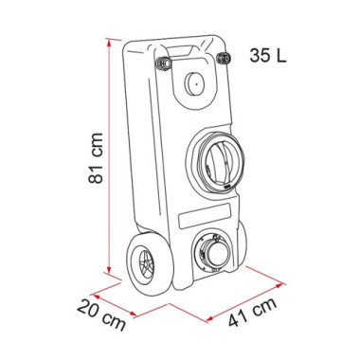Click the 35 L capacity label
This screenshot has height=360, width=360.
point(268,56)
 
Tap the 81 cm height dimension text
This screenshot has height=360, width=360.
point(96,158)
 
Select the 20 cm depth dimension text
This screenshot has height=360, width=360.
point(101,315)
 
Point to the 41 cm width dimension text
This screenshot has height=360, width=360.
point(253,312)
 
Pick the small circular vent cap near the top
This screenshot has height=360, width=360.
point(194,84)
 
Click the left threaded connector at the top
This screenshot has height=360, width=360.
point(164,63)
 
